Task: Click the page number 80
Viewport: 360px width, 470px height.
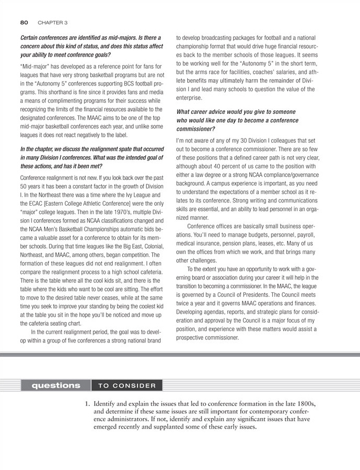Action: [x=24, y=23]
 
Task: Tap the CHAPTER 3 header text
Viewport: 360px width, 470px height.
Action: [x=53, y=23]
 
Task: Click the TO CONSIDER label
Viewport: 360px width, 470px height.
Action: [x=127, y=386]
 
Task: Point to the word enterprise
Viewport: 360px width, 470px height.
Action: [x=192, y=98]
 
